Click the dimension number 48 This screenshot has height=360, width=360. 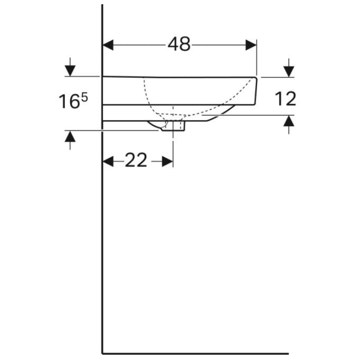(179, 44)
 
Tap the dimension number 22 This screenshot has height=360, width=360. (136, 160)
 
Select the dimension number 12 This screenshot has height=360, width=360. (286, 99)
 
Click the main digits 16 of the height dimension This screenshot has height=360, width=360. (69, 101)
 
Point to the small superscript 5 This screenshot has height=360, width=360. (84, 98)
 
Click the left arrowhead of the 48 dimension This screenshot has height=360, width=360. (108, 45)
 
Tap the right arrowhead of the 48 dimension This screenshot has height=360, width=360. (251, 45)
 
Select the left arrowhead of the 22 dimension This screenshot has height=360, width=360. (108, 162)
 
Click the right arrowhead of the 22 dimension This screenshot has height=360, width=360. (167, 162)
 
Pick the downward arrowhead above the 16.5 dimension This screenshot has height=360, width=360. (70, 71)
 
